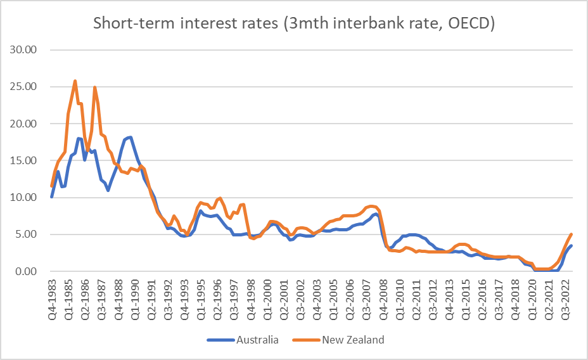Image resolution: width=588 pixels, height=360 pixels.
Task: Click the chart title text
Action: click(x=294, y=23)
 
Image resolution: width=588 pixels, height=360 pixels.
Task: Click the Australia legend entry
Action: click(x=257, y=340)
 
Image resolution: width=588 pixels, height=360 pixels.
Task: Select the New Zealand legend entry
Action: click(x=353, y=340)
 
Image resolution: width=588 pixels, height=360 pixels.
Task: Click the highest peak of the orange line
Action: click(x=75, y=81)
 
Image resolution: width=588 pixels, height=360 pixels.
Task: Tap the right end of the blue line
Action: click(x=572, y=246)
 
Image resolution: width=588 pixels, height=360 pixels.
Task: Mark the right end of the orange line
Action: click(x=572, y=235)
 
